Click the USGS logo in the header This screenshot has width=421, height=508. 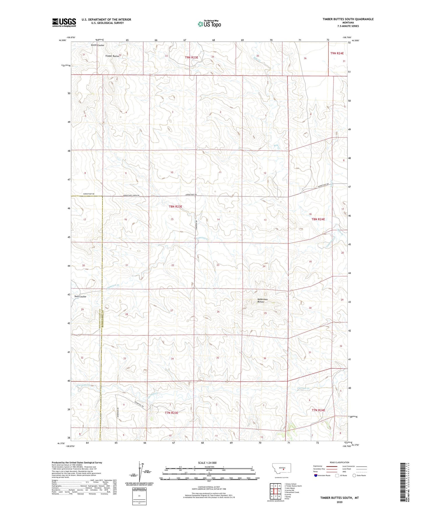pos(64,22)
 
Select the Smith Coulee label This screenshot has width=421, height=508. pos(97,45)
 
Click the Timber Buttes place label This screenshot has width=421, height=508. pos(112,56)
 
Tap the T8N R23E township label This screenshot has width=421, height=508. pos(175,207)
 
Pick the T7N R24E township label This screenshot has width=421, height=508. pos(318,410)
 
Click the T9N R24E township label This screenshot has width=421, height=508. pos(337,53)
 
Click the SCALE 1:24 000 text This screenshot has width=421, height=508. pos(207,463)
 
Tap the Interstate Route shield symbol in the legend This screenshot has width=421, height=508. pos(316,475)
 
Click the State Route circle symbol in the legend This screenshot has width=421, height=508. pos(354,475)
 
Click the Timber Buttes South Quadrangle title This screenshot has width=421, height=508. pos(348,19)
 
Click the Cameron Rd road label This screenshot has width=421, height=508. pos(197,225)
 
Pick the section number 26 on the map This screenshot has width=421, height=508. pos(218,312)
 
